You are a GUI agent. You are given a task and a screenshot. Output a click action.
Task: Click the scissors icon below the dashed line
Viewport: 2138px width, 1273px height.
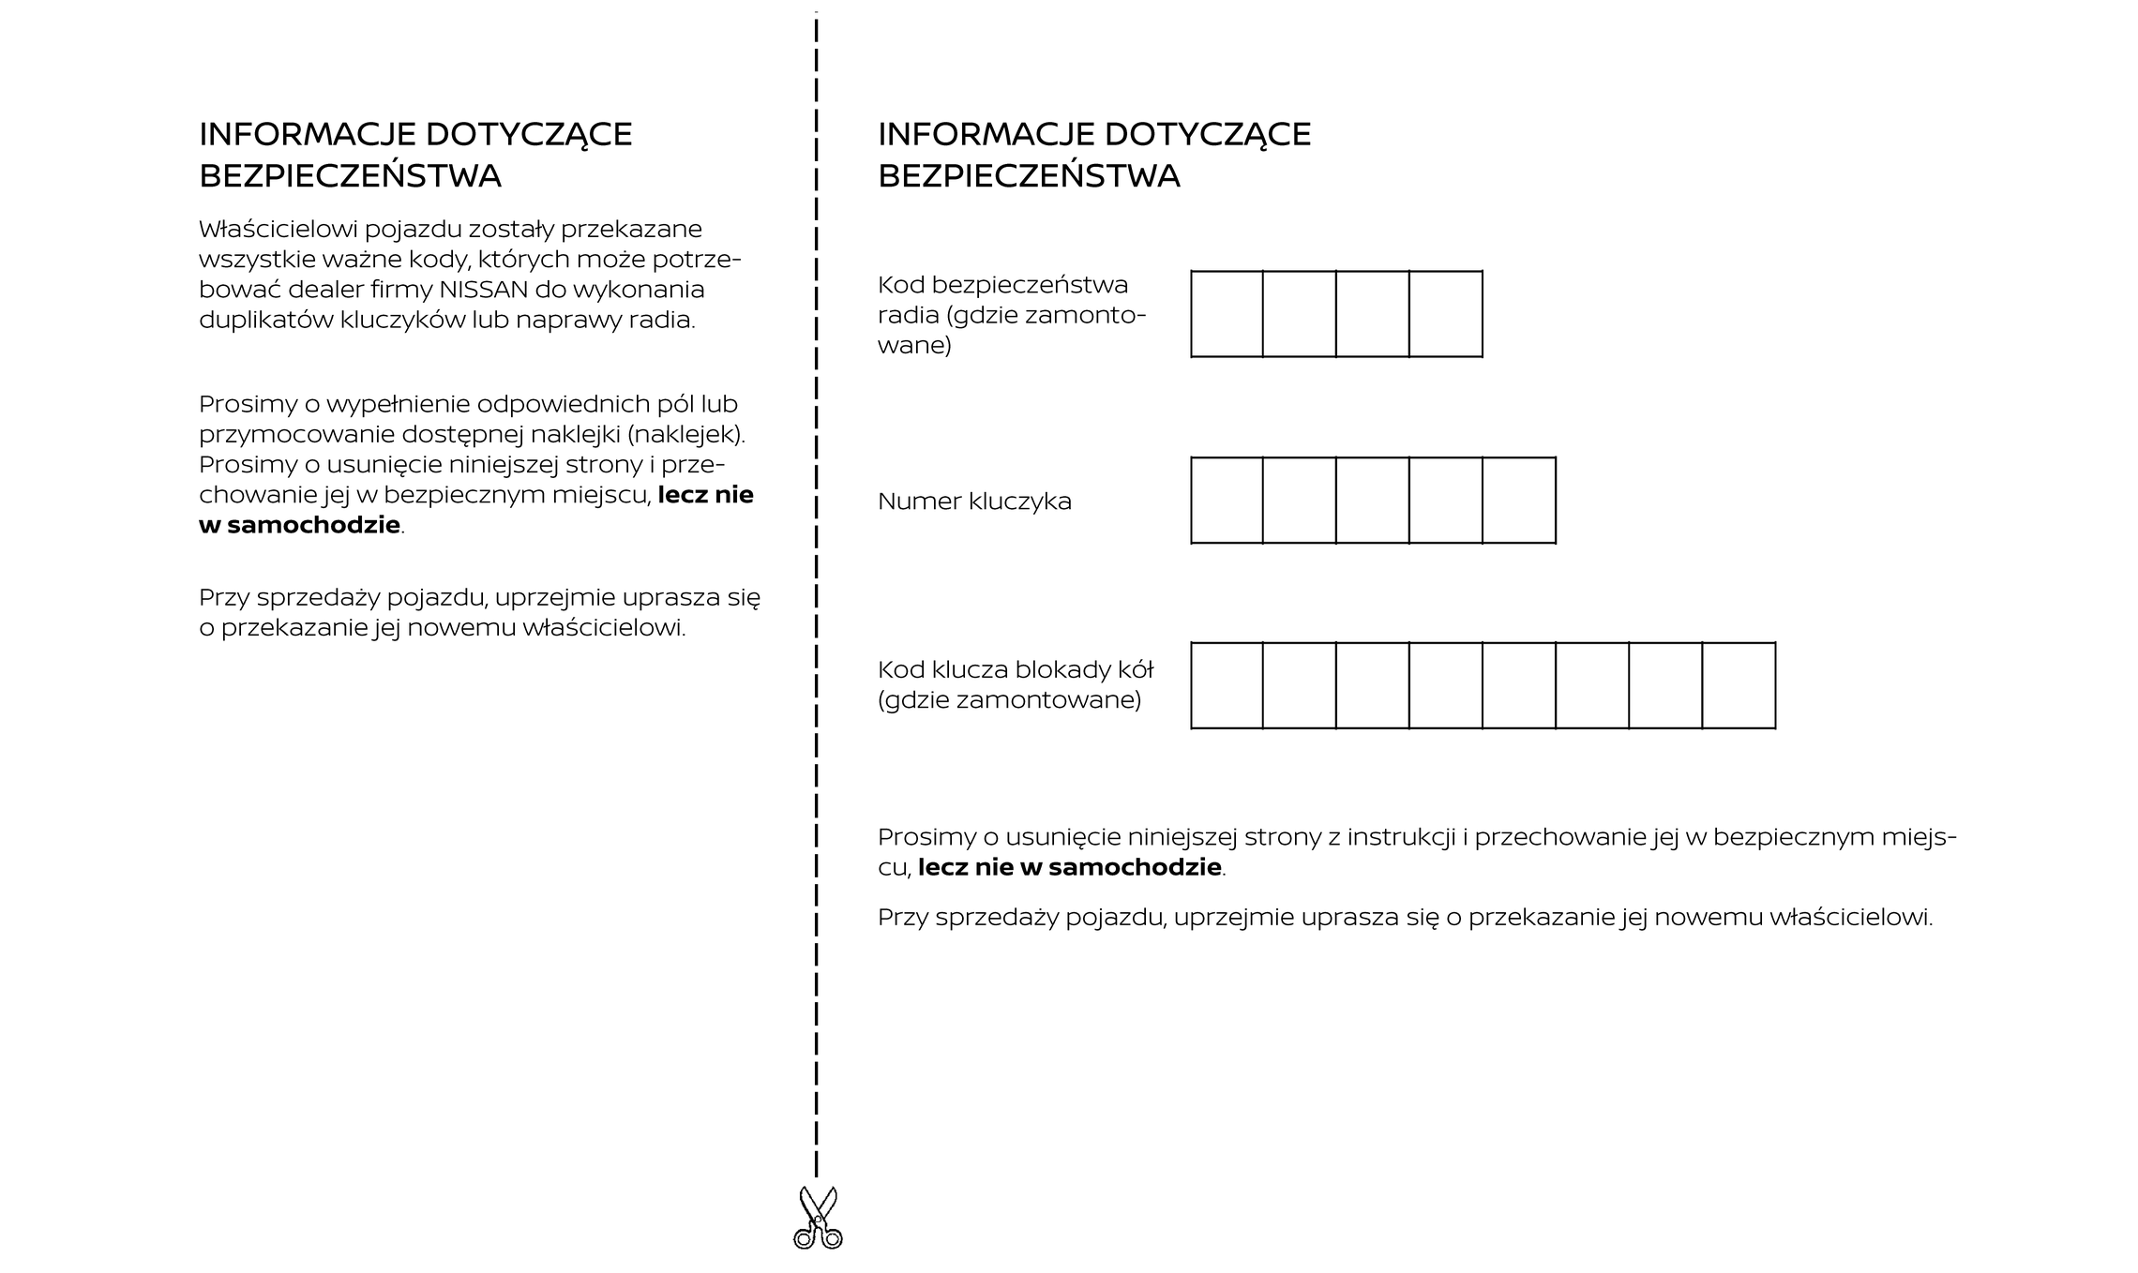[x=818, y=1219]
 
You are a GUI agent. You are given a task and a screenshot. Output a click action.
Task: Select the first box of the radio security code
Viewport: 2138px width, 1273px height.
[x=1227, y=314]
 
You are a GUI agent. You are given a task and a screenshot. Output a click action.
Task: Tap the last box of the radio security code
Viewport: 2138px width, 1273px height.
[x=1445, y=314]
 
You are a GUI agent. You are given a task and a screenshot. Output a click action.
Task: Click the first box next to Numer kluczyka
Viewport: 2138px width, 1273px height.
[x=1227, y=501]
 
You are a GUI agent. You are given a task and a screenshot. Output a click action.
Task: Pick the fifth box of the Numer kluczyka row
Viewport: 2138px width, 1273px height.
[x=1519, y=501]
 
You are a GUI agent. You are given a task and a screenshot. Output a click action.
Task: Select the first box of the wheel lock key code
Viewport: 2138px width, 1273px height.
[x=1227, y=685]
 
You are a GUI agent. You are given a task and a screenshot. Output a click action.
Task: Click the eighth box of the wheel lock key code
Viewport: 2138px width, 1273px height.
[x=1739, y=685]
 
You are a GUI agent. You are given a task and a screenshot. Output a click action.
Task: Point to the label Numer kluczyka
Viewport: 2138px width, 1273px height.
[x=974, y=502]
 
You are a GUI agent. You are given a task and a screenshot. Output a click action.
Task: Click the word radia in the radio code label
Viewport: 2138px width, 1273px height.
[x=908, y=315]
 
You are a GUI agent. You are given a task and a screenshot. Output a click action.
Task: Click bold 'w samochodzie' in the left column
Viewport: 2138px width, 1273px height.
[x=300, y=526]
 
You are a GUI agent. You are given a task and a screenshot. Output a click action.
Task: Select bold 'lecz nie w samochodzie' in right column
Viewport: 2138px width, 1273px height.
[x=1069, y=868]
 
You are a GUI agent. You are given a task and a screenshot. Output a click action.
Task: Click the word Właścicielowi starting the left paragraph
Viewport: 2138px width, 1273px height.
[x=278, y=230]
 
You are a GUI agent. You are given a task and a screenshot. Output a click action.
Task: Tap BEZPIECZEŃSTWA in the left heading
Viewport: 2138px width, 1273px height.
[x=350, y=176]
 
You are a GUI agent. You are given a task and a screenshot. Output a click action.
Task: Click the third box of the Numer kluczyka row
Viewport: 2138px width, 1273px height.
[x=1372, y=501]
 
